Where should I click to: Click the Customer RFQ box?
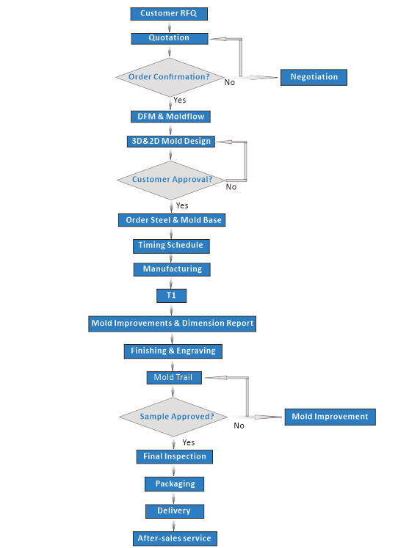coord(169,14)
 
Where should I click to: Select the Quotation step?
coord(170,38)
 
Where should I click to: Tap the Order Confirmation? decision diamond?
coord(170,77)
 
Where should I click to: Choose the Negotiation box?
coord(314,77)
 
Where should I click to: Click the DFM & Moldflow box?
coord(170,117)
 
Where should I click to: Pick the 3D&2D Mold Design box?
coord(171,141)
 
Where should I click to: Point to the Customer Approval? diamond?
coord(171,180)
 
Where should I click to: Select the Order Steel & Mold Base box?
coord(172,220)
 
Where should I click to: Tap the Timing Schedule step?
coord(171,246)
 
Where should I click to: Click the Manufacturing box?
coord(172,269)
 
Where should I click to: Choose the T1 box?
coord(171,296)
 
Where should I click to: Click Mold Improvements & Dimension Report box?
coord(172,324)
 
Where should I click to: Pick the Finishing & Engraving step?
coord(173,351)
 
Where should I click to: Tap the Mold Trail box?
coord(174,378)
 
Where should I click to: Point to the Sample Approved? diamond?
coord(173,417)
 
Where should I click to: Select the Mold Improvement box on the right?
coord(330,417)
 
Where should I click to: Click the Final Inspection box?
coord(175,457)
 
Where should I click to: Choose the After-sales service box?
coord(175,538)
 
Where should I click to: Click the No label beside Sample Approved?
coord(239,425)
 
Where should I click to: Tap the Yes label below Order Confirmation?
coord(180,101)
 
